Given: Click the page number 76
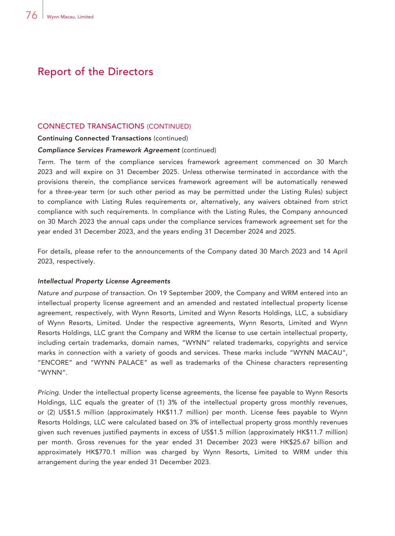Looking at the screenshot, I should (31, 15).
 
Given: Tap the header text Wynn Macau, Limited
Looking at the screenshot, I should (70, 17).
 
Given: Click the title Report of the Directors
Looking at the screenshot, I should (95, 72).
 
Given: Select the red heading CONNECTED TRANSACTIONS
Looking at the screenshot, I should (91, 126).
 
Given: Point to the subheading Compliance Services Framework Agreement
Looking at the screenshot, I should (108, 150).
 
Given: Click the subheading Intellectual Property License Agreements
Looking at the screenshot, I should (104, 281).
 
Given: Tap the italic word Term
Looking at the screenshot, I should (46, 162).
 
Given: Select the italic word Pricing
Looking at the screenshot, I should (49, 392).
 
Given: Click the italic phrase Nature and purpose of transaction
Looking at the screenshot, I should (91, 293).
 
